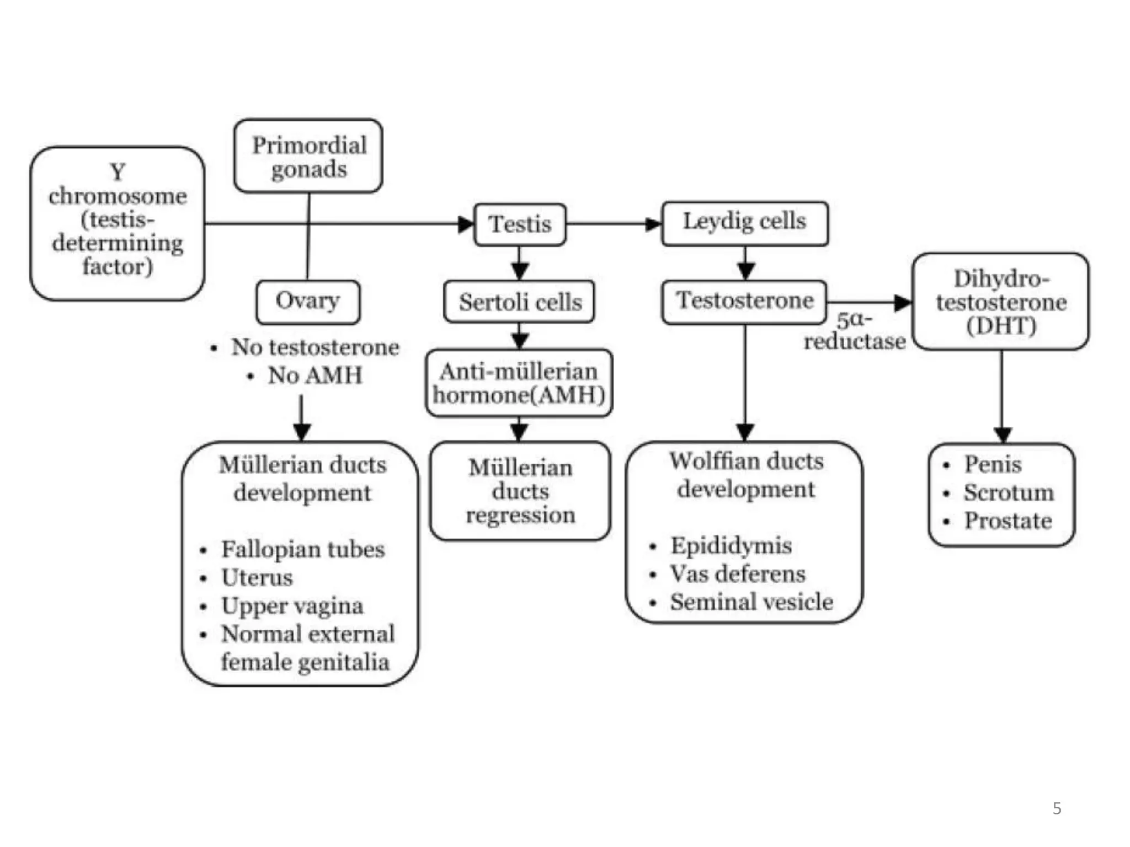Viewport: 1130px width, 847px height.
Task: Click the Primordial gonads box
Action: (x=308, y=156)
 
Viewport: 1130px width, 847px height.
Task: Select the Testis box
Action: (x=520, y=224)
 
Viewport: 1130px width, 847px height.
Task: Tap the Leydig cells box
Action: (x=744, y=223)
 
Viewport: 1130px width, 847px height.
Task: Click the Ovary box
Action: (x=308, y=302)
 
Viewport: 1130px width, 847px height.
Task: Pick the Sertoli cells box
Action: (x=519, y=302)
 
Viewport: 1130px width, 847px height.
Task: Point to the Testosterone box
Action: (x=744, y=302)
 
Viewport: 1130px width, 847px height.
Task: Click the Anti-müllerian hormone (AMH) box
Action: (x=519, y=383)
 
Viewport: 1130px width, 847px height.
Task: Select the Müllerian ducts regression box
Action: (x=520, y=491)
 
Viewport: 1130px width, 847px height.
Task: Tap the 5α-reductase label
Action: (x=854, y=331)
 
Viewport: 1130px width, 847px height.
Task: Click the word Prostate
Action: (x=1008, y=521)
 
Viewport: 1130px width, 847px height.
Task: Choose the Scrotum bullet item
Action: (x=1008, y=492)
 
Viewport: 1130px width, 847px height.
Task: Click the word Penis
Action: (x=992, y=464)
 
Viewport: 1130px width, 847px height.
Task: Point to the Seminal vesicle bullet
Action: (x=751, y=602)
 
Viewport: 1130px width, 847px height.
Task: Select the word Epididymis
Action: (x=731, y=545)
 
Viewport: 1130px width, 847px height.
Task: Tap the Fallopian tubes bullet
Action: (x=302, y=549)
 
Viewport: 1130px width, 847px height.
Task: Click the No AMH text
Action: (x=315, y=376)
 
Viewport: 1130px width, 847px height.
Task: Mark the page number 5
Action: (x=1057, y=808)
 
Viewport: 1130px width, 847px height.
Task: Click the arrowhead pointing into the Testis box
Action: (x=466, y=224)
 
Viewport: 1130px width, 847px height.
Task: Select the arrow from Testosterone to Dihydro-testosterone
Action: (x=869, y=302)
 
